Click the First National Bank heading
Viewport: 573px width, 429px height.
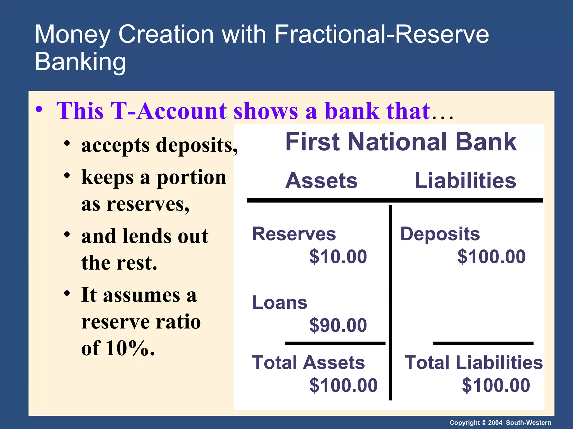pyautogui.click(x=401, y=142)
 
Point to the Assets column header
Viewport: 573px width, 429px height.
pyautogui.click(x=321, y=181)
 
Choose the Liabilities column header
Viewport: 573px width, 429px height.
pyautogui.click(x=465, y=181)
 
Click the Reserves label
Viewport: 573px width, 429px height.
pyautogui.click(x=294, y=234)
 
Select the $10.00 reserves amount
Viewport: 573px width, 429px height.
pyautogui.click(x=338, y=256)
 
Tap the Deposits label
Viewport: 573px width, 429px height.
pyautogui.click(x=440, y=234)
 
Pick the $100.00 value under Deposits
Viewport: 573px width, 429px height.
pyautogui.click(x=491, y=256)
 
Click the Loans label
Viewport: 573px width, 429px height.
pyautogui.click(x=280, y=302)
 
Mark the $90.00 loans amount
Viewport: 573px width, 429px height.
pyautogui.click(x=338, y=325)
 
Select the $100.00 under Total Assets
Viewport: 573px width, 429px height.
pyautogui.click(x=343, y=385)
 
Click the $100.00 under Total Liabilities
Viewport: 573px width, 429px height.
pyautogui.click(x=496, y=385)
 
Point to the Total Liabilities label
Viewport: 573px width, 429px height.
pyautogui.click(x=473, y=363)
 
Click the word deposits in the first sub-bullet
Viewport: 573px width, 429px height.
pyautogui.click(x=194, y=145)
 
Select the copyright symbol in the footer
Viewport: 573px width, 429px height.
pyautogui.click(x=483, y=423)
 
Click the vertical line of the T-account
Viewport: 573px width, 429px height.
pyautogui.click(x=390, y=302)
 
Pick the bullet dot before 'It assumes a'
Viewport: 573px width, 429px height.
pyautogui.click(x=67, y=294)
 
